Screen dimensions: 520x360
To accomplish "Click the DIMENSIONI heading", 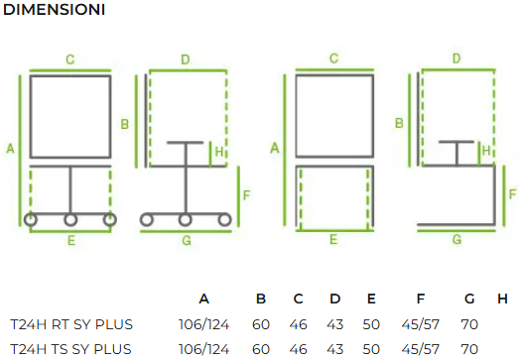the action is point(54,10).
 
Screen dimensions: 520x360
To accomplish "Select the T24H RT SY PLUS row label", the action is point(71,324).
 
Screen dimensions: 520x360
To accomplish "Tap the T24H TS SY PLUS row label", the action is point(70,349).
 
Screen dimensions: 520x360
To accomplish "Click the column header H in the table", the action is point(502,299).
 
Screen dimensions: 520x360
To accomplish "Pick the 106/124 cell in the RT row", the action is point(203,324).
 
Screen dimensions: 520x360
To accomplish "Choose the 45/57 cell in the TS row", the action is point(420,349).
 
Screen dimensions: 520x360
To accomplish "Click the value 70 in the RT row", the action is point(469,324).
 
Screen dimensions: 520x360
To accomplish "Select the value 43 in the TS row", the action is point(335,349).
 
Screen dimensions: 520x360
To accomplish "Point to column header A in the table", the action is point(204,299).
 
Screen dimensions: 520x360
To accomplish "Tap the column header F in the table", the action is point(420,299).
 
